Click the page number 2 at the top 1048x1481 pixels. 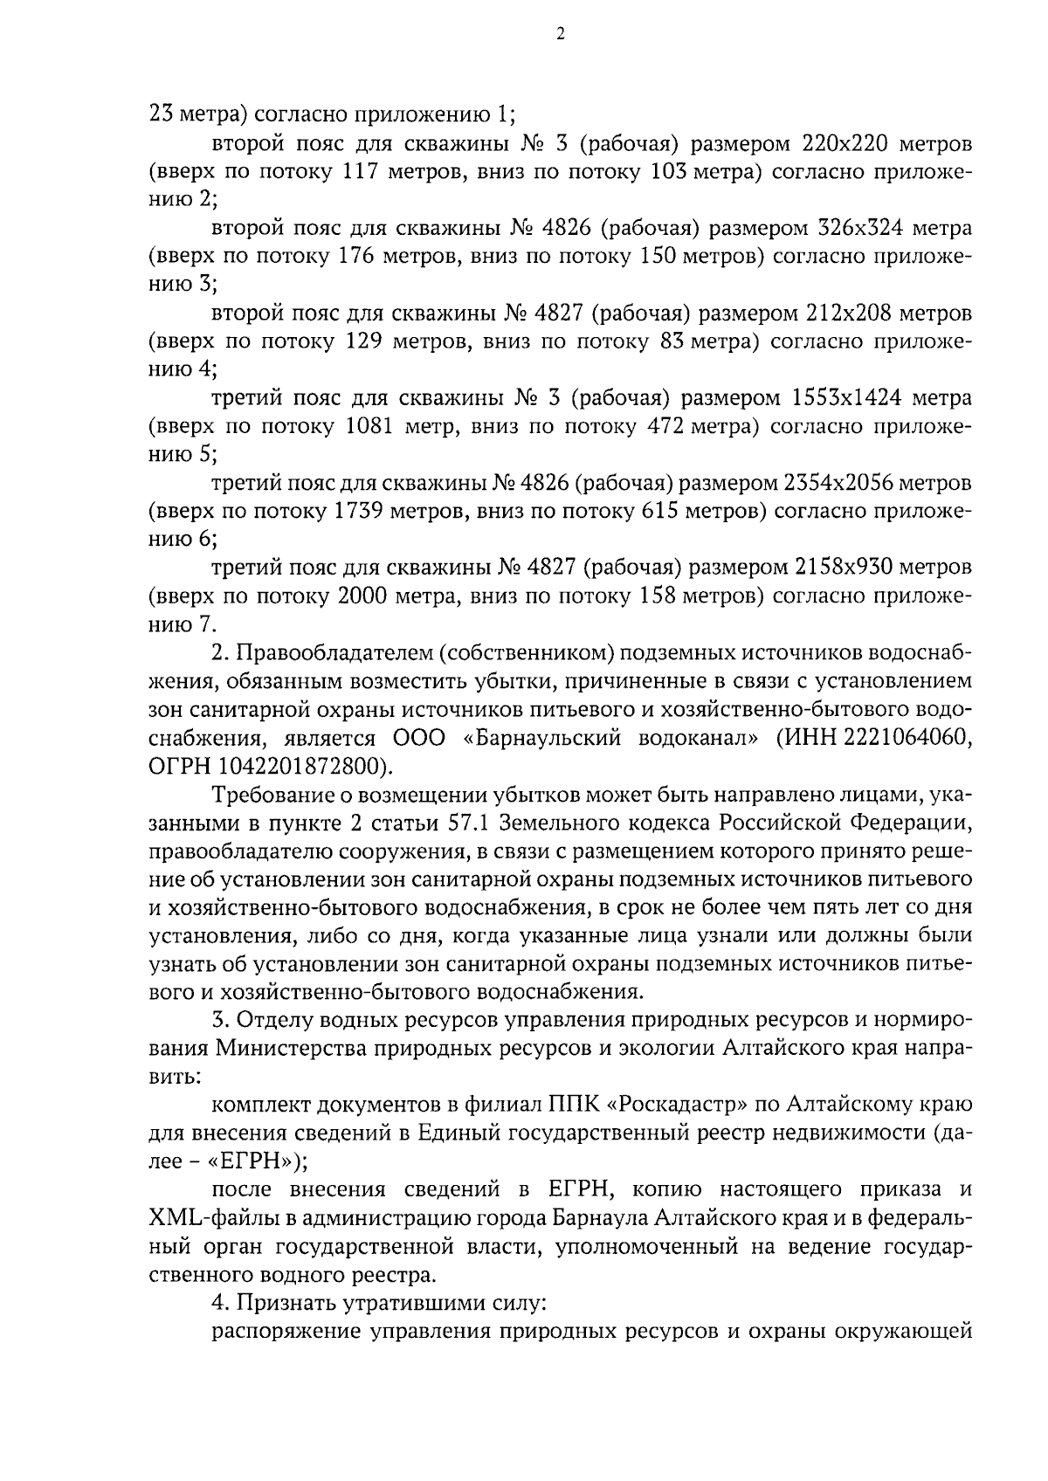560,34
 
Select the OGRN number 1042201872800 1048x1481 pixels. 299,767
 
